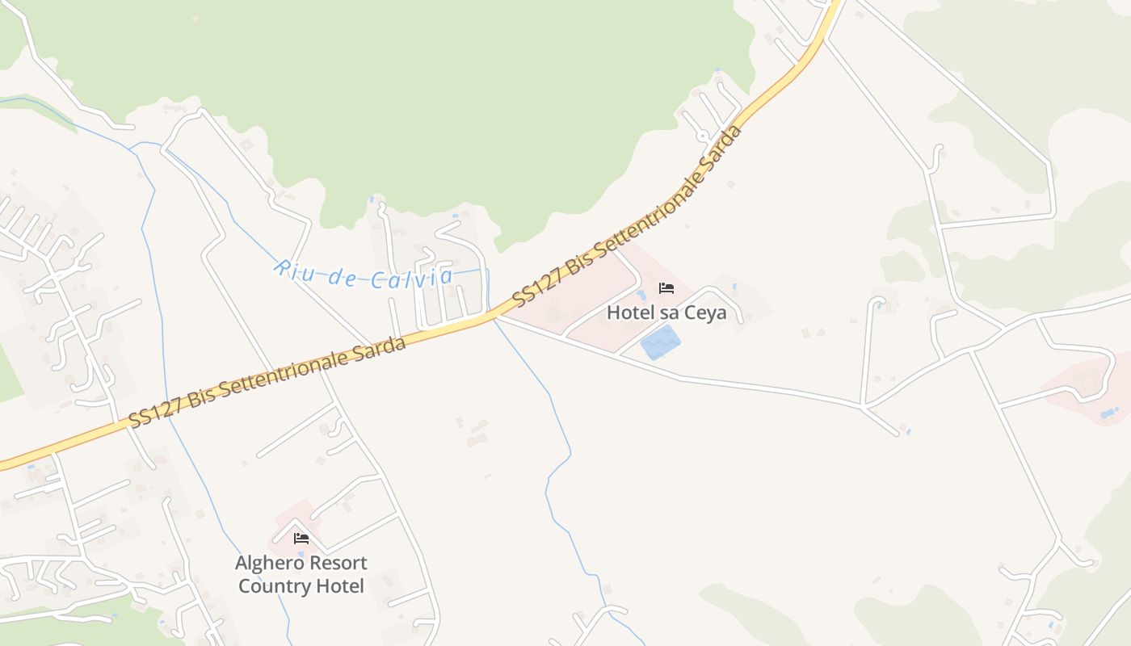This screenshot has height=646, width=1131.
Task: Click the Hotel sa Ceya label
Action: pos(666,313)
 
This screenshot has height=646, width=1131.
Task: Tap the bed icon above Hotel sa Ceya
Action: pos(666,288)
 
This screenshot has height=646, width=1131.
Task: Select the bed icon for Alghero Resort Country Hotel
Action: pos(301,539)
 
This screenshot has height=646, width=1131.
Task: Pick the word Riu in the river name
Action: pos(290,268)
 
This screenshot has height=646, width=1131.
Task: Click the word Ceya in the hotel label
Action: pos(705,313)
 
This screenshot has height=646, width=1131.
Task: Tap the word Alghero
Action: pos(267,563)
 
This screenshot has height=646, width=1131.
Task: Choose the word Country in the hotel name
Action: pos(273,586)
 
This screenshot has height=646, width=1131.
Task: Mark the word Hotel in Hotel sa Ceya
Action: pos(629,313)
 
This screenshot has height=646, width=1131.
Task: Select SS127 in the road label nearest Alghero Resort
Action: pos(154,413)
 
